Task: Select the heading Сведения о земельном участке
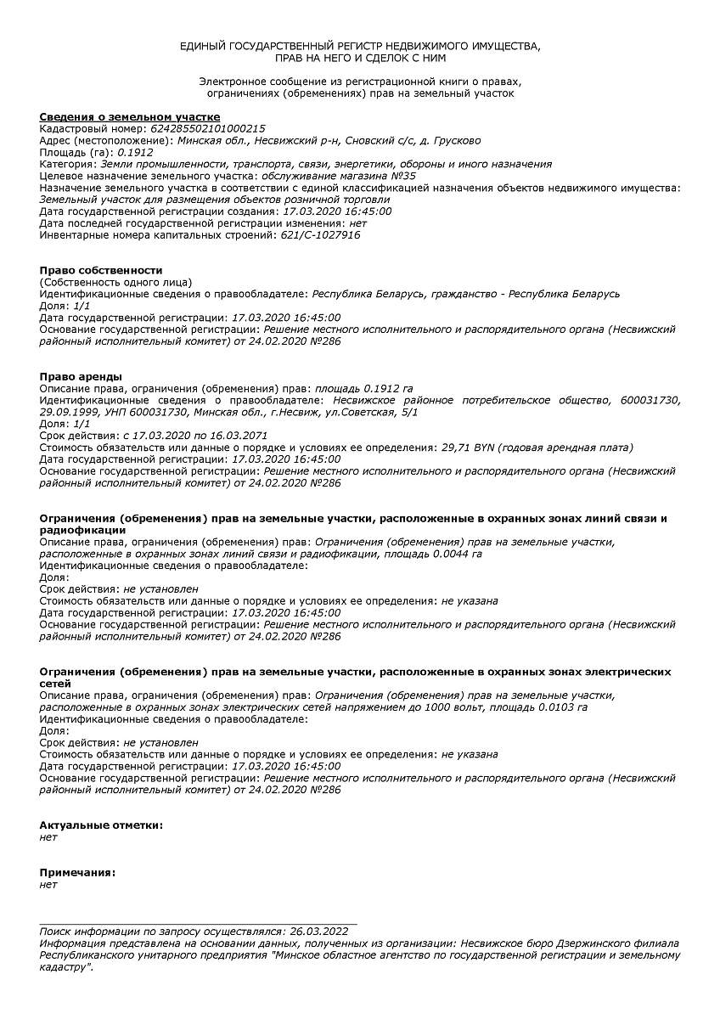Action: [130, 116]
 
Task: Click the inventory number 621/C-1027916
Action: [320, 235]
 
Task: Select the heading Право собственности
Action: [101, 270]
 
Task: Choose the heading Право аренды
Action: [81, 376]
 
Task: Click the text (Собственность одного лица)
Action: [115, 282]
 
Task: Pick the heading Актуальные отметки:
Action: [101, 825]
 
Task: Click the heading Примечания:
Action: [78, 872]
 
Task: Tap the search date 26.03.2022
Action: [318, 932]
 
